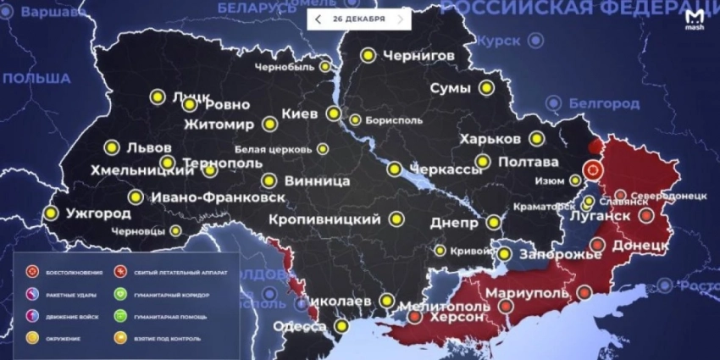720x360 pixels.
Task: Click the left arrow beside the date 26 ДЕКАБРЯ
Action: [x=318, y=19]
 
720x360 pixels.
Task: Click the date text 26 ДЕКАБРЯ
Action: [x=359, y=19]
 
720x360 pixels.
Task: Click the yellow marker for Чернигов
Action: [x=368, y=55]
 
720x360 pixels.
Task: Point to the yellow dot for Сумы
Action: [x=486, y=87]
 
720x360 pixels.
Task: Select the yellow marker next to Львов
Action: [x=111, y=147]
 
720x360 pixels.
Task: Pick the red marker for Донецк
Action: [x=596, y=246]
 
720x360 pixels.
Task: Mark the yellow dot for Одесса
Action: [x=341, y=326]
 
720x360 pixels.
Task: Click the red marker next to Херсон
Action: [x=414, y=318]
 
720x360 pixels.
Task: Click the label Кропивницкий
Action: [x=324, y=219]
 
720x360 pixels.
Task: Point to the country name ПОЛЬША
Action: [x=36, y=78]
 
